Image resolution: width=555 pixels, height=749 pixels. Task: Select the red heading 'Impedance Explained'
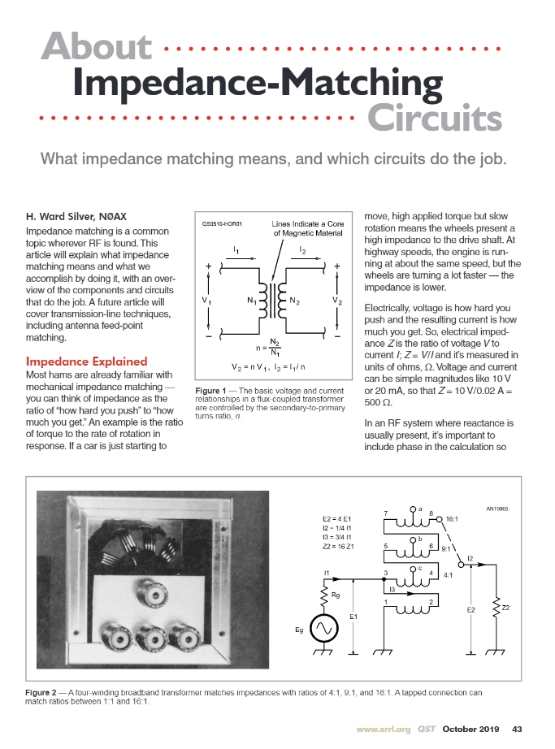tap(87, 361)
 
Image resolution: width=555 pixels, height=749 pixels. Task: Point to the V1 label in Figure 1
tap(207, 301)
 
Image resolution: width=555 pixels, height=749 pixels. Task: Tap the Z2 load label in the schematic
tap(506, 608)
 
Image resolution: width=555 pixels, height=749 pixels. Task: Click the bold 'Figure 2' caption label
tap(45, 691)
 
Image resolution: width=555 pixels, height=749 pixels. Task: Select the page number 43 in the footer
tap(517, 728)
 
